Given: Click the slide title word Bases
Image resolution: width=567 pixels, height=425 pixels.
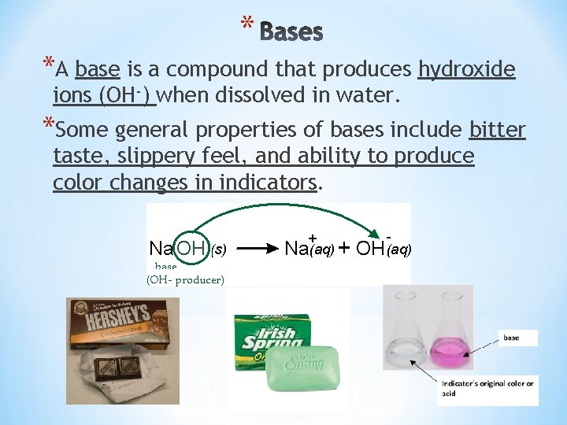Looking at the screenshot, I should [x=291, y=31].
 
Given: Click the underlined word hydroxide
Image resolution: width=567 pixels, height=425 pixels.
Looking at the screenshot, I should [x=466, y=70].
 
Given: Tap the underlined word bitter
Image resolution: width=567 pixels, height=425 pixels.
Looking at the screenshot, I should [x=497, y=129].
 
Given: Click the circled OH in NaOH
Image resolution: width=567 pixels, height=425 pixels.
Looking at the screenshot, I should [x=192, y=249].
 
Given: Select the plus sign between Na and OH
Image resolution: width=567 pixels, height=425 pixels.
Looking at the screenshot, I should [x=345, y=249].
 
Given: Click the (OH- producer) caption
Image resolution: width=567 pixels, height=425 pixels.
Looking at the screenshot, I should [x=185, y=279].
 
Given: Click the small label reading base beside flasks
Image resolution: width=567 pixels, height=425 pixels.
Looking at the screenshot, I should [x=513, y=338].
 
